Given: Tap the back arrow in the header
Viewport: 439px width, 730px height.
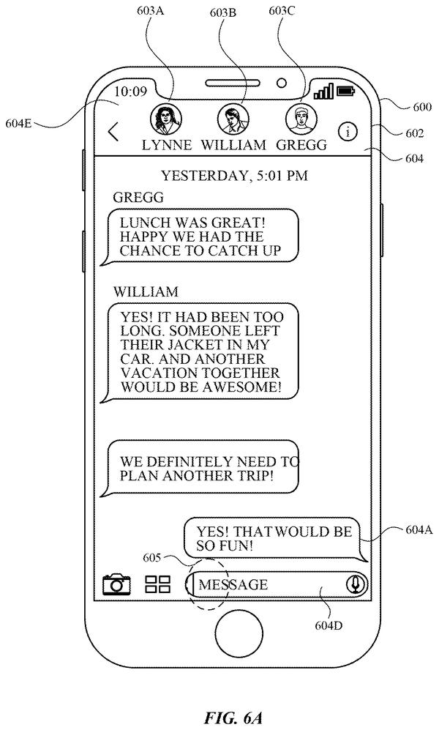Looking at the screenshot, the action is point(113,132).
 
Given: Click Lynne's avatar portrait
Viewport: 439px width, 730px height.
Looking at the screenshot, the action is point(166,119).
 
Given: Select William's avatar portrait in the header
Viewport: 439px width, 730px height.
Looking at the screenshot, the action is point(233,119).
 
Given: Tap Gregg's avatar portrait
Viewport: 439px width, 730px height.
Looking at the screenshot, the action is point(301,119).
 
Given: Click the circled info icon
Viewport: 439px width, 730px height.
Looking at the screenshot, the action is point(348,132).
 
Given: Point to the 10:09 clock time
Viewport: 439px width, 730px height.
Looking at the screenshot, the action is point(130,92).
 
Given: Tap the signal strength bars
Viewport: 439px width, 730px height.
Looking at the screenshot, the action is point(323,92).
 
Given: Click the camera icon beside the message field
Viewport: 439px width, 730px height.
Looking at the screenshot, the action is point(116,584).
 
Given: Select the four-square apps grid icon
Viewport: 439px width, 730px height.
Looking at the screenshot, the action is point(158,584).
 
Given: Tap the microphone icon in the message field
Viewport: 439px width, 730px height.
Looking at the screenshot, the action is point(356,584).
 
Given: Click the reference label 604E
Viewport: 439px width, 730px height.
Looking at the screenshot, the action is point(18,123).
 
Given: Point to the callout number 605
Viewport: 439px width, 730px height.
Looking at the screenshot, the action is point(152,557).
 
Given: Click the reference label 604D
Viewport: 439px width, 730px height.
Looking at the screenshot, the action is point(329,625).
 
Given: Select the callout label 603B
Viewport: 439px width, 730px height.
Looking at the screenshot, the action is point(222,12).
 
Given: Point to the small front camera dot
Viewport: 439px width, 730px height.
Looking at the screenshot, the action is point(282,83).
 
